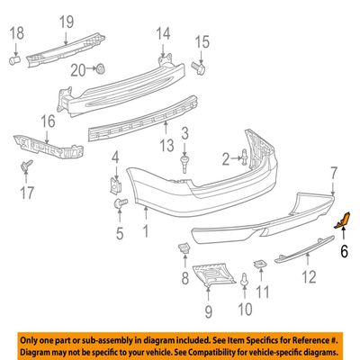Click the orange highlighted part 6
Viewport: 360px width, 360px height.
(x=342, y=220)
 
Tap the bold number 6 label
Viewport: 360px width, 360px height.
(x=344, y=250)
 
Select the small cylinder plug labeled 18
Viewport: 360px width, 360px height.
(x=14, y=60)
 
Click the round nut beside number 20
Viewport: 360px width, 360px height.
(x=101, y=69)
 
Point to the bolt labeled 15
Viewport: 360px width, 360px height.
(x=198, y=68)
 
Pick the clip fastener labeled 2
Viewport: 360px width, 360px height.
(x=245, y=157)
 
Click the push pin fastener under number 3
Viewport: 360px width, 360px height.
(x=184, y=164)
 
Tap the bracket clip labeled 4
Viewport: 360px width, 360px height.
(x=115, y=185)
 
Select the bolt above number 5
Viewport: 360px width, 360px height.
(x=121, y=203)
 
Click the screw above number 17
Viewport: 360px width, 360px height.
(x=26, y=166)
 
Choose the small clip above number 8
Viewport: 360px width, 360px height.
(x=184, y=248)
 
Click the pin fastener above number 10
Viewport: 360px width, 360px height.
(x=245, y=279)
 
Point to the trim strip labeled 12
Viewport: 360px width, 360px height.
(x=304, y=249)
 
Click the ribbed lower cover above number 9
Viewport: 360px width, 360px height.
(x=213, y=274)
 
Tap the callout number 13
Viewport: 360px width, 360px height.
(x=166, y=146)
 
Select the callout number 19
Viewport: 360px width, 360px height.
(x=67, y=22)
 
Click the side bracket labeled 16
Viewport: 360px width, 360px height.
(x=48, y=147)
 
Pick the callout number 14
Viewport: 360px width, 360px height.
(x=163, y=33)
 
